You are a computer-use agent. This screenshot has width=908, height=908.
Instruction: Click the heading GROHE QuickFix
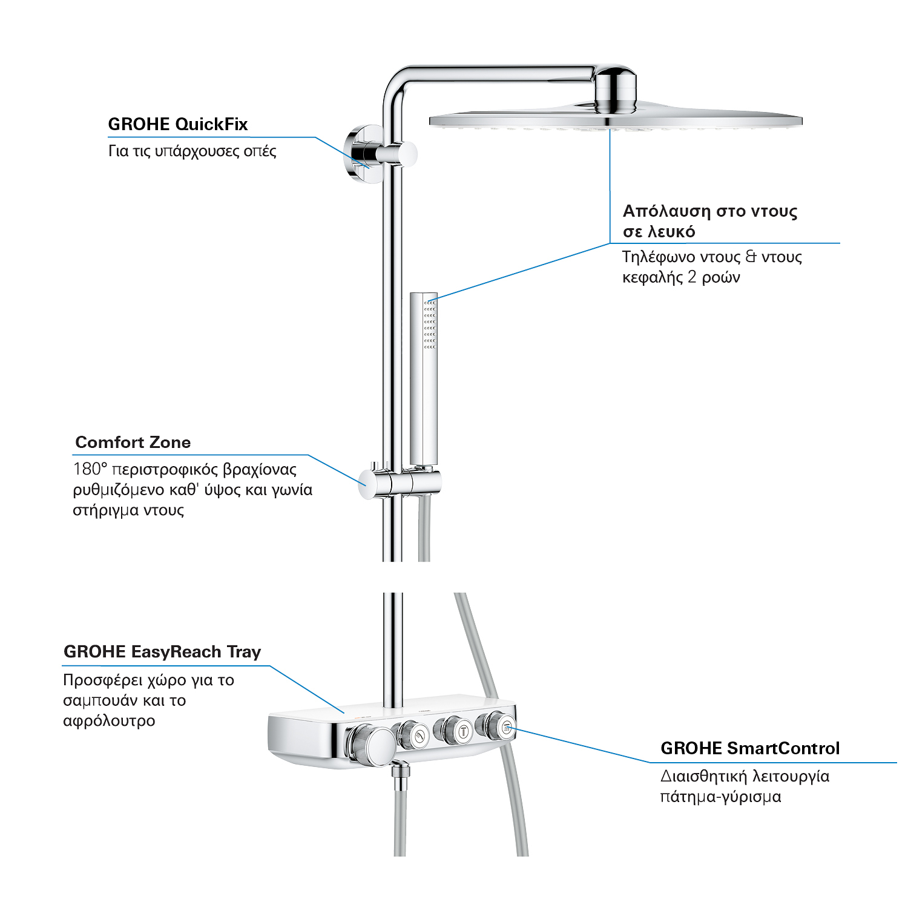point(178,124)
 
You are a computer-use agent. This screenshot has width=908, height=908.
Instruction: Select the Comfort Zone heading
point(133,442)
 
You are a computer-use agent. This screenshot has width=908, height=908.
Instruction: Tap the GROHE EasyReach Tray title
point(162,652)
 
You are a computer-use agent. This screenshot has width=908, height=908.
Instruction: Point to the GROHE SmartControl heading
point(750,748)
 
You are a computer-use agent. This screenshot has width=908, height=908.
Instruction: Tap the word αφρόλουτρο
point(109,721)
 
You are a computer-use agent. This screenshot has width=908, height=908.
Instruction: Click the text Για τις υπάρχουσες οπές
point(192,151)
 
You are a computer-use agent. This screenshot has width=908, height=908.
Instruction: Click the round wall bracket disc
point(362,154)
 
